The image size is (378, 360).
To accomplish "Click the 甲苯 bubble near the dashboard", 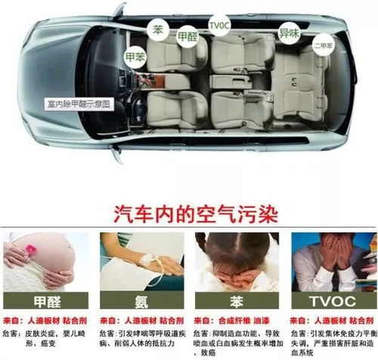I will click(135, 56).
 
